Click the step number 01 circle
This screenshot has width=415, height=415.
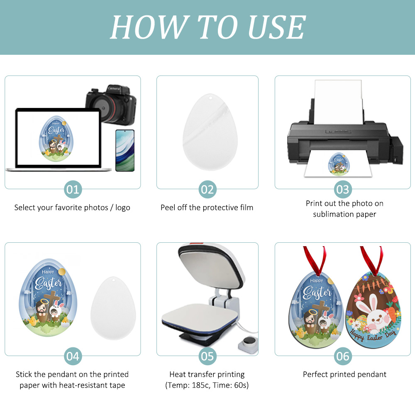pos(73,190)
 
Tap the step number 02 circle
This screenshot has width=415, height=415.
pos(207,190)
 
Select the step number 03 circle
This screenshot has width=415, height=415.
pos(343,190)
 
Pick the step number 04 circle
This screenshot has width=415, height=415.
pos(73,356)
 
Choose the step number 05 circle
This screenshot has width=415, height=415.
pos(207,356)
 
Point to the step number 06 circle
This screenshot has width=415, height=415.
pos(343,356)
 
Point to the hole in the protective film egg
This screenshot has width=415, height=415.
pos(210,99)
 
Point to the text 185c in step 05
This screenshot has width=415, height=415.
pos(198,386)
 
